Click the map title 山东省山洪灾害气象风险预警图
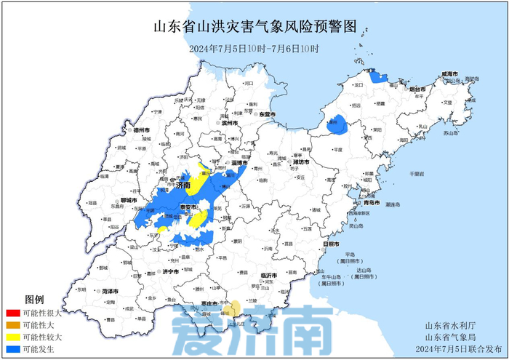[x=255, y=28]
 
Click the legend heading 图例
[x=34, y=300]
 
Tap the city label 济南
[x=183, y=186]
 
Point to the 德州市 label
[x=140, y=130]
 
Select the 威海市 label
[x=449, y=74]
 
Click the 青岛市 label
[x=372, y=202]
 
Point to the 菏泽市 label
[x=111, y=291]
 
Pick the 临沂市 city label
[x=268, y=276]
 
